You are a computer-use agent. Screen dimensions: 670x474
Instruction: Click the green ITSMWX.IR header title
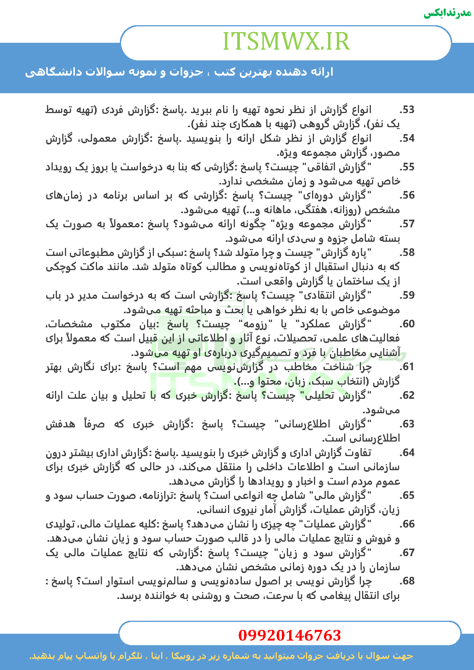(286, 42)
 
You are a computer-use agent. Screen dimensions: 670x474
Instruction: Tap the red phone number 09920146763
(289, 635)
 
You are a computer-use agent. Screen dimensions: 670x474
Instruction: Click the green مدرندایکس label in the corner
(447, 13)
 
